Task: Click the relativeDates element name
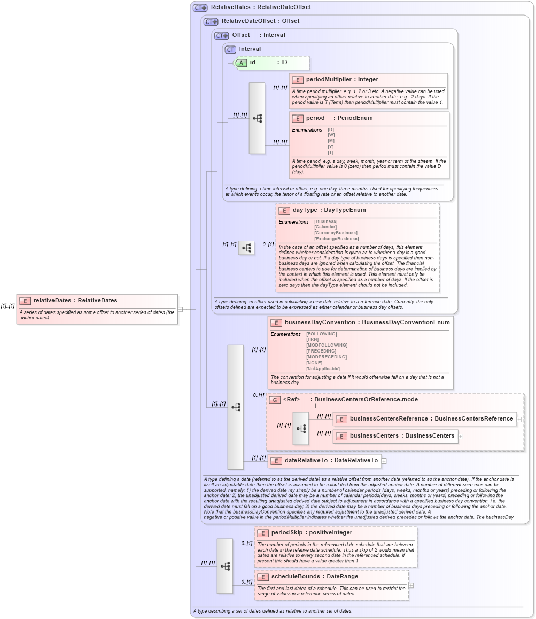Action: pyautogui.click(x=52, y=300)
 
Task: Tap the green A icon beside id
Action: pyautogui.click(x=242, y=63)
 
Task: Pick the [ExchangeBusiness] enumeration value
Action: pyautogui.click(x=336, y=239)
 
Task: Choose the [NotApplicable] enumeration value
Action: pyautogui.click(x=322, y=369)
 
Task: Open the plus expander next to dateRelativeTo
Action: pyautogui.click(x=384, y=461)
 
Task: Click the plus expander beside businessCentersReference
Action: pyautogui.click(x=519, y=419)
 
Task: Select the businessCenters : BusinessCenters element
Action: pyautogui.click(x=402, y=436)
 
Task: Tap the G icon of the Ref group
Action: pyautogui.click(x=275, y=400)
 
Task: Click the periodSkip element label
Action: pyautogui.click(x=289, y=533)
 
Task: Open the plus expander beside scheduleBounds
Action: pyautogui.click(x=411, y=585)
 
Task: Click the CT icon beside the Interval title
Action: pyautogui.click(x=230, y=49)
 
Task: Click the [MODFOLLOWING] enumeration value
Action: pyautogui.click(x=327, y=345)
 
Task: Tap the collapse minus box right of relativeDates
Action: pyautogui.click(x=180, y=309)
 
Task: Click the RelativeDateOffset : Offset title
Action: pyautogui.click(x=260, y=21)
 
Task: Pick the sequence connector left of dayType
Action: pyautogui.click(x=246, y=248)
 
